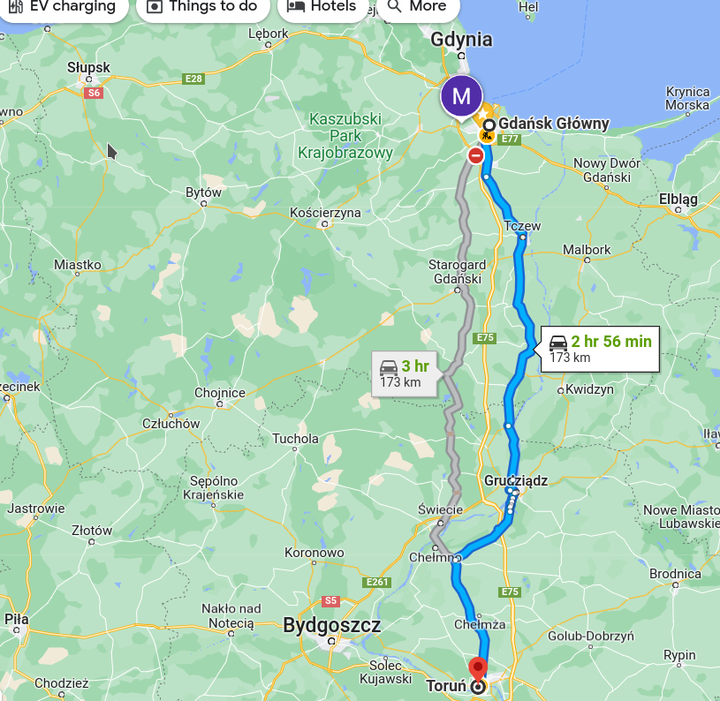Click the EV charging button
pyautogui.click(x=62, y=7)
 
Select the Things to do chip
pyautogui.click(x=202, y=7)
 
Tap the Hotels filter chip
pyautogui.click(x=322, y=7)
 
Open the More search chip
pyautogui.click(x=417, y=7)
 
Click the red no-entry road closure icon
pyautogui.click(x=476, y=156)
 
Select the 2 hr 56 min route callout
pyautogui.click(x=600, y=349)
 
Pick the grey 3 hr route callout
pyautogui.click(x=405, y=373)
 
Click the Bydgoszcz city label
pyautogui.click(x=332, y=626)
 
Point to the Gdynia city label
pyautogui.click(x=461, y=39)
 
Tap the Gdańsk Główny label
pyautogui.click(x=553, y=124)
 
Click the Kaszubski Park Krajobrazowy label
pyautogui.click(x=345, y=136)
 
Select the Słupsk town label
pyautogui.click(x=88, y=67)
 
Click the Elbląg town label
pyautogui.click(x=678, y=200)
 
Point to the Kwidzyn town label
pyautogui.click(x=589, y=388)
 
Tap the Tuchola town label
pyautogui.click(x=295, y=438)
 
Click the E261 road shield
pyautogui.click(x=377, y=583)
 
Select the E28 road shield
pyautogui.click(x=193, y=79)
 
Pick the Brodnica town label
pyautogui.click(x=675, y=573)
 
